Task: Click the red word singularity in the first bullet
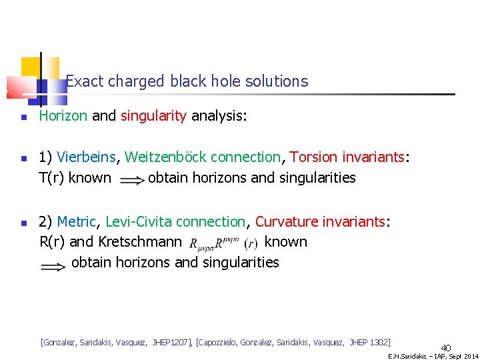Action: click(153, 116)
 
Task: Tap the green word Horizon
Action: click(63, 116)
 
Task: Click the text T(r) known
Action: click(75, 178)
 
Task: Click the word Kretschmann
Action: click(139, 241)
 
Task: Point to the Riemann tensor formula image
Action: click(223, 242)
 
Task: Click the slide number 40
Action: click(446, 347)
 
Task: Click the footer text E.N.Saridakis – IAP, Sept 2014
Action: click(433, 356)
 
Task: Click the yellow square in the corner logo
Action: click(31, 67)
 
